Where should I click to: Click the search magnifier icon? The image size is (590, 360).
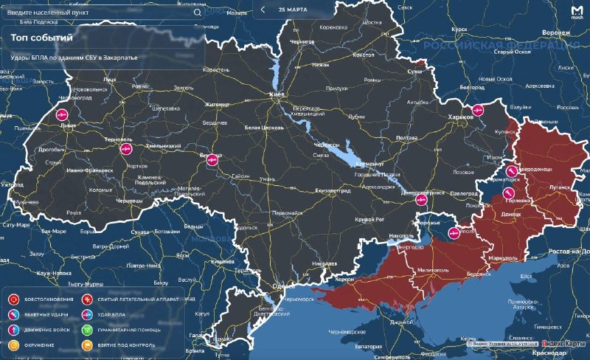[197, 13]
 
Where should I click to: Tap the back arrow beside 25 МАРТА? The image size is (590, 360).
[263, 10]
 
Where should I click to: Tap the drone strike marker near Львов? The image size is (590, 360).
[62, 115]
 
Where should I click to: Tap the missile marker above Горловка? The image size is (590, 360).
[508, 193]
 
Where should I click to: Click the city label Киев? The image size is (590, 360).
[277, 96]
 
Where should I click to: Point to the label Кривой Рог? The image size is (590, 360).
[366, 220]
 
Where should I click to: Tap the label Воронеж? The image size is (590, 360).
[557, 33]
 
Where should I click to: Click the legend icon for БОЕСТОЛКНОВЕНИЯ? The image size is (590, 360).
[13, 299]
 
